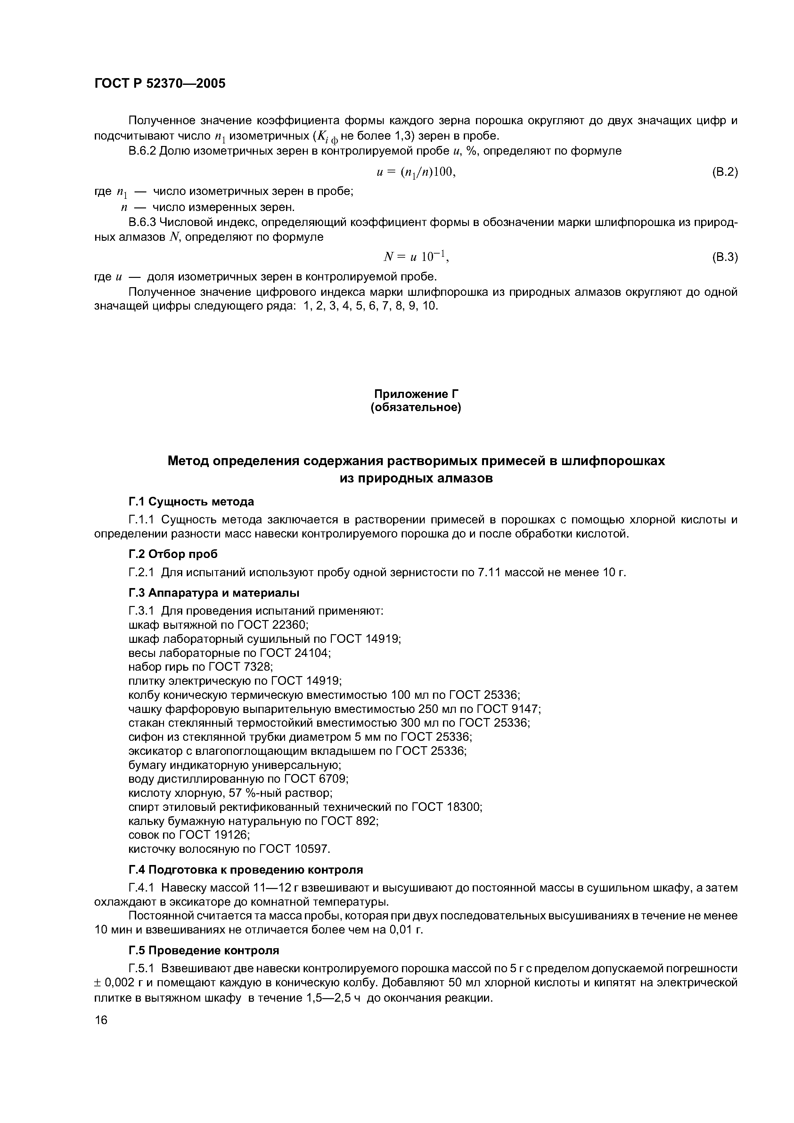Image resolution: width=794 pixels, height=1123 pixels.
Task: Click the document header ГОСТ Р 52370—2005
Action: (160, 84)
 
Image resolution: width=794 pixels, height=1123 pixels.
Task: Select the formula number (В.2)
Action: (724, 172)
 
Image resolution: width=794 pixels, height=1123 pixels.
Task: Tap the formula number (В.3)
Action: (724, 257)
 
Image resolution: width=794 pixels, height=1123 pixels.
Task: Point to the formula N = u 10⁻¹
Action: (416, 256)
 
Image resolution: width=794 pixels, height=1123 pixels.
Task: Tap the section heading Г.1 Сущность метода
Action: (191, 502)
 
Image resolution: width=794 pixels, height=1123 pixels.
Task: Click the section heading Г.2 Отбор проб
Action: (173, 554)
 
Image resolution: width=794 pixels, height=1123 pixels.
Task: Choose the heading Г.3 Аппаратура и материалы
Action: (214, 593)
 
